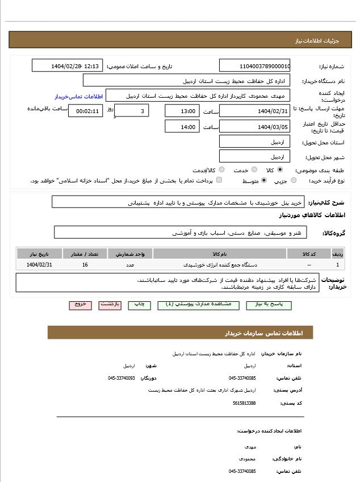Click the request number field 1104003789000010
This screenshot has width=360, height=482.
point(254,65)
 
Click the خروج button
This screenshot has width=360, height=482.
point(80,305)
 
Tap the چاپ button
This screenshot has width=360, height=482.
point(139,305)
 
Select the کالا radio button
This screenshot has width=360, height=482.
point(281,169)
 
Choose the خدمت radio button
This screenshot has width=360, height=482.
point(254,169)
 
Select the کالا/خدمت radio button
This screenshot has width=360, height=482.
point(221,169)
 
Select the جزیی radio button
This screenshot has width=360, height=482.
point(294,180)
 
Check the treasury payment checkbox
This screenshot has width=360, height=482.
point(219,180)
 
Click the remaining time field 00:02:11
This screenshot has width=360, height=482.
point(85,111)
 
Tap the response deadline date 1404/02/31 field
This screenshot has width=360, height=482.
point(254,111)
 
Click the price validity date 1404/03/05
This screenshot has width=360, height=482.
point(254,127)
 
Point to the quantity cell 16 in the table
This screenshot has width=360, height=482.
point(85,265)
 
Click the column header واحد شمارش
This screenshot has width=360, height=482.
point(130,254)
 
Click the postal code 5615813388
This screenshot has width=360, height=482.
point(244,403)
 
